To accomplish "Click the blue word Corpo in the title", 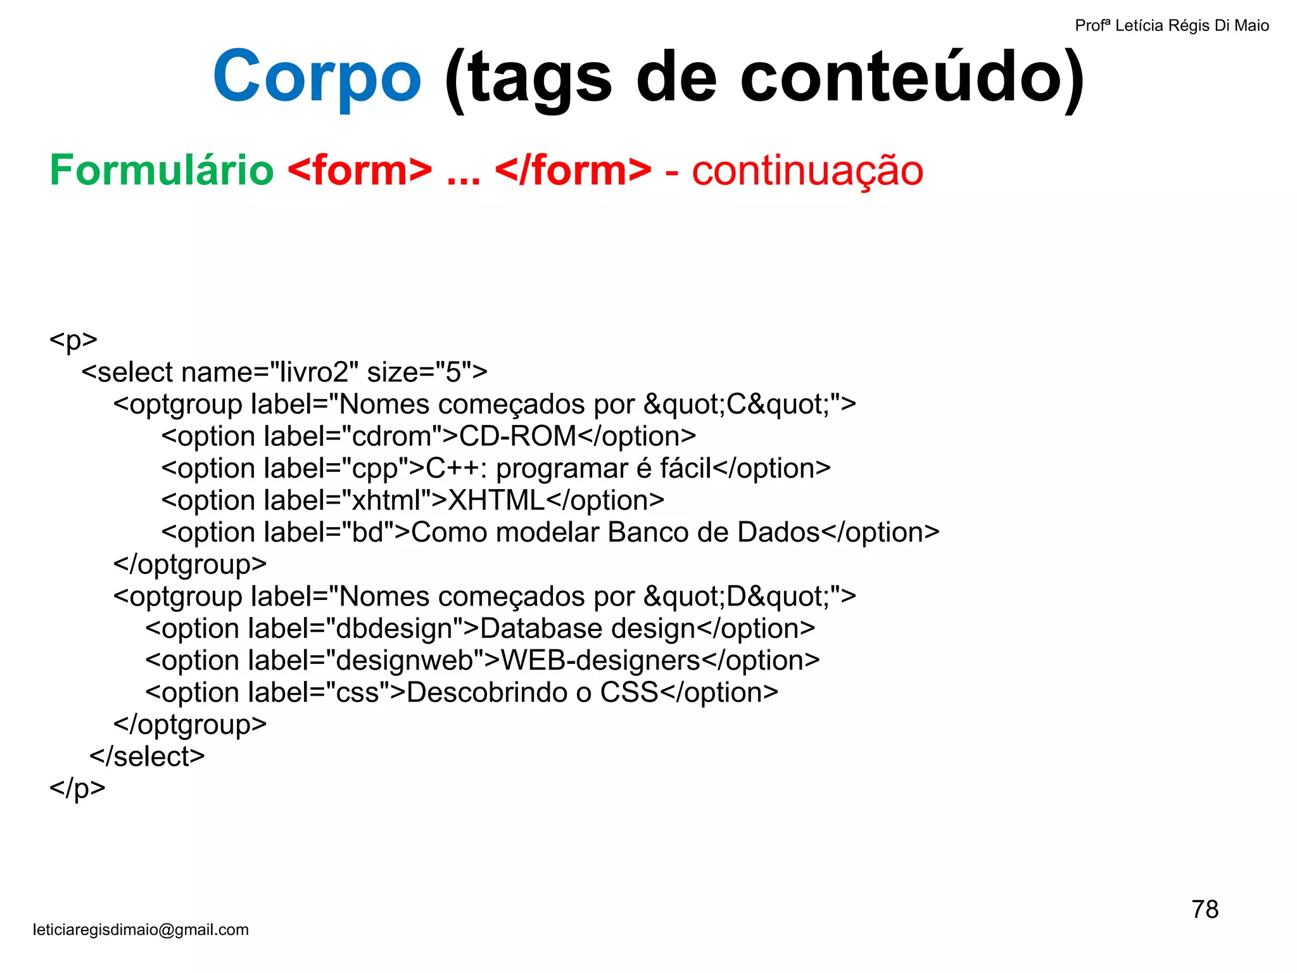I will pos(317,77).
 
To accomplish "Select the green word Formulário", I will pos(161,170).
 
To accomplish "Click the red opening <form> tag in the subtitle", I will pos(360,170).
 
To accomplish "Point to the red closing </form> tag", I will pos(573,170).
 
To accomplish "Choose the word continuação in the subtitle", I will pos(807,170).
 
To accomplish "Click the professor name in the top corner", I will pos(1172,26).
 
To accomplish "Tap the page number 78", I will pos(1205,910).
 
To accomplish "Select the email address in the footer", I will pos(141,930).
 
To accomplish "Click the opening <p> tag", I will pos(73,340).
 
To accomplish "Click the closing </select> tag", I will pos(147,756).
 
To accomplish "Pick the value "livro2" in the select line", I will pos(314,372).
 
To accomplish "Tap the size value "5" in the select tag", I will pos(453,372).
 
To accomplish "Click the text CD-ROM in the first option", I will pos(517,436).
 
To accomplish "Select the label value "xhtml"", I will pos(386,500).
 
